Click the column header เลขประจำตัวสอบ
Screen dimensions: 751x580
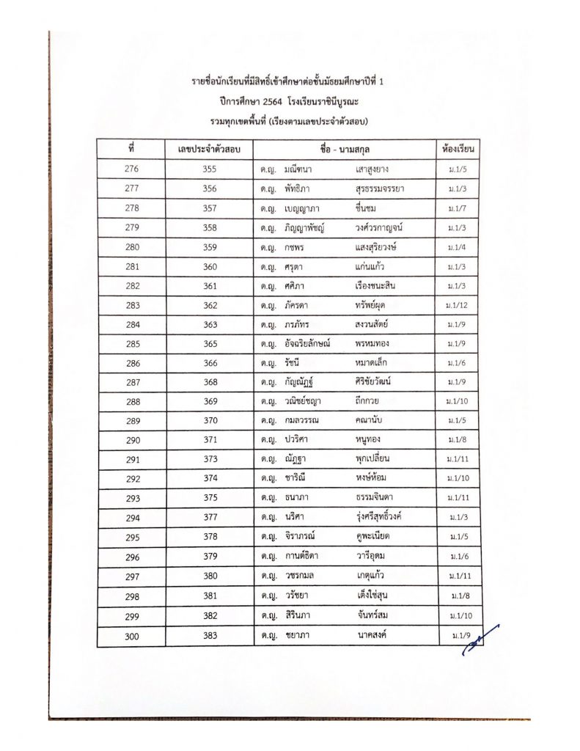coord(210,150)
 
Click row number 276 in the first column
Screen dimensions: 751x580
coord(131,169)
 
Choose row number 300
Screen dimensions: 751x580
coord(131,636)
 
